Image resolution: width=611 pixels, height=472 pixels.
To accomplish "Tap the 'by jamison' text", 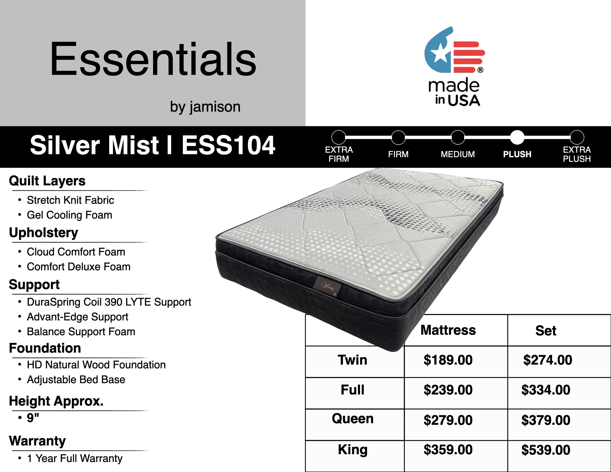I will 205,107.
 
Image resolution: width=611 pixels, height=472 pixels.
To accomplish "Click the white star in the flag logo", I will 440,53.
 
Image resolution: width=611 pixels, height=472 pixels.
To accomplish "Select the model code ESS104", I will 228,145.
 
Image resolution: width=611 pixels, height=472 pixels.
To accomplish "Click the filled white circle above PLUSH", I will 517,137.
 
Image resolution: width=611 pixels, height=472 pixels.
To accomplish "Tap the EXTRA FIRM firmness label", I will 339,154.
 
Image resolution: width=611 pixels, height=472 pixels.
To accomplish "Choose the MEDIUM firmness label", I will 458,154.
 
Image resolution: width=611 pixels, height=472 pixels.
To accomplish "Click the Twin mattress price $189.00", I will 448,360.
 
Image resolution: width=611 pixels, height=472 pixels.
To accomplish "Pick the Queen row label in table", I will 353,419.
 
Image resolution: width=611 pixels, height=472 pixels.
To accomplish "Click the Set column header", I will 546,331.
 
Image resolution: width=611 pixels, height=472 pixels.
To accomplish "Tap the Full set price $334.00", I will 546,390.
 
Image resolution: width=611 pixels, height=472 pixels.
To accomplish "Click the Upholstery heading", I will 44,233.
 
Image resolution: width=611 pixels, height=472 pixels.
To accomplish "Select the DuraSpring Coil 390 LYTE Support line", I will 109,302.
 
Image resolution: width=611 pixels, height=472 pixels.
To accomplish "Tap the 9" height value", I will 33,418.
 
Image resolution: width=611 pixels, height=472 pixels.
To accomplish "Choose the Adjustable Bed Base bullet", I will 76,380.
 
